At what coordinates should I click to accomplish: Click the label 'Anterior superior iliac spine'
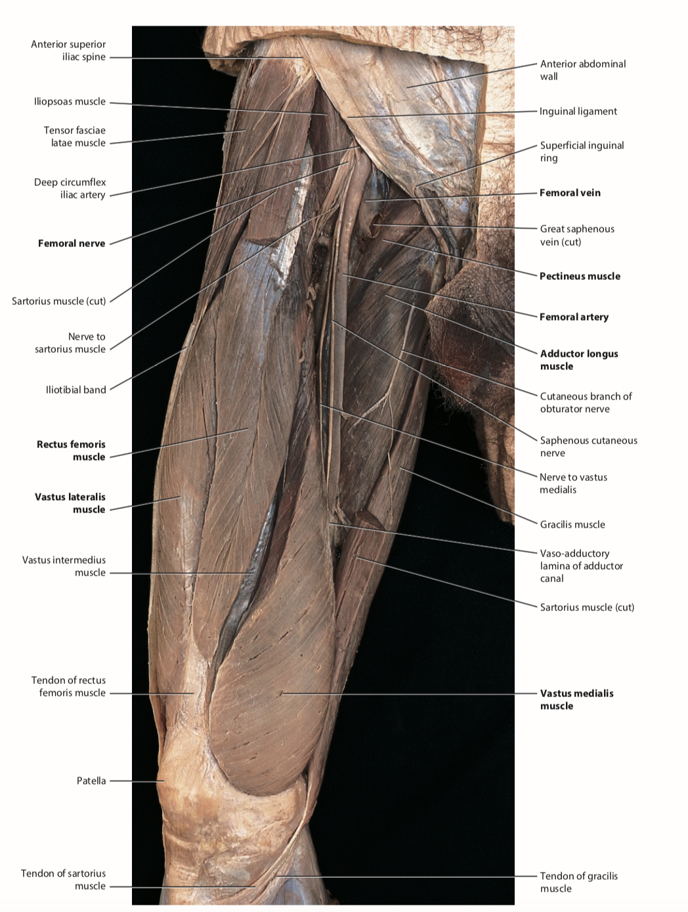tap(68, 51)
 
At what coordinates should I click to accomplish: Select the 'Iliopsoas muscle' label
tap(70, 101)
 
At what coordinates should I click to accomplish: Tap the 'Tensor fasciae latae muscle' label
tap(75, 137)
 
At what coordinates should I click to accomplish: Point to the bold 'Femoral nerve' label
tap(72, 243)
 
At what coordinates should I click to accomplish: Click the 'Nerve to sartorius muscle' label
tap(70, 343)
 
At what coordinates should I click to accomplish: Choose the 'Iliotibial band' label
tap(75, 390)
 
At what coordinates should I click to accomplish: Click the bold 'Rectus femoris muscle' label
tap(71, 451)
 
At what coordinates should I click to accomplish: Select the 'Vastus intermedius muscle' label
tap(64, 566)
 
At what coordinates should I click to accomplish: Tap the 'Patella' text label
tap(91, 781)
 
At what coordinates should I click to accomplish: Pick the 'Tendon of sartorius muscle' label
tap(63, 880)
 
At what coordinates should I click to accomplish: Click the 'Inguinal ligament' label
tap(578, 111)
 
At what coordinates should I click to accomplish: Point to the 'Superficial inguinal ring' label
tap(582, 152)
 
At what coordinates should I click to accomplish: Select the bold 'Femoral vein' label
tap(570, 193)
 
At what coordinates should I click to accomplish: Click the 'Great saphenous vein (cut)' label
tap(577, 235)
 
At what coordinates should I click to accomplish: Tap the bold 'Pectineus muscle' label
tap(580, 276)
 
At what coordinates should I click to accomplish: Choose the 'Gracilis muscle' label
tap(572, 524)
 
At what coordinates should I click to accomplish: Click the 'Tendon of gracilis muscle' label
tap(578, 882)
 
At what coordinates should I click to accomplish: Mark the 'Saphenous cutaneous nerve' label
tap(588, 447)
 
